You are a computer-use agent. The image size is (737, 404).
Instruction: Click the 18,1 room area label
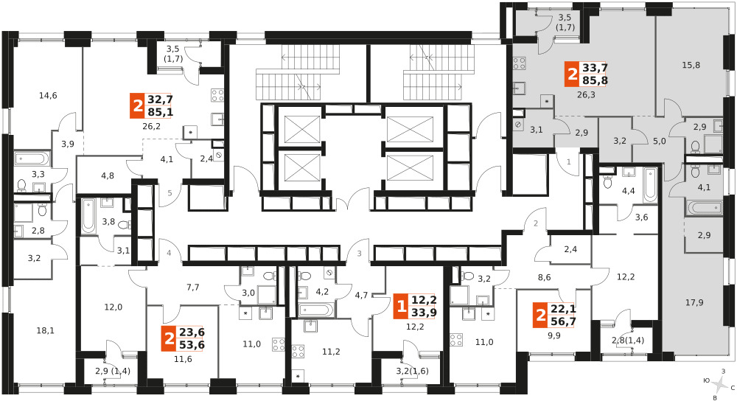point(46,330)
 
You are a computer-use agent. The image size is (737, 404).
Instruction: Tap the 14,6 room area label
point(48,96)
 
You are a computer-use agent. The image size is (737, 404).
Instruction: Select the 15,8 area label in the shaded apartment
point(691,65)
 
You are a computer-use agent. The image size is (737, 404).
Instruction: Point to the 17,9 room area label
point(694,302)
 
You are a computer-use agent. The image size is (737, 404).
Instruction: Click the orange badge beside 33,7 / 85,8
point(572,74)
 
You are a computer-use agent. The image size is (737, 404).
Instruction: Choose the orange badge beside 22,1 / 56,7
point(541,315)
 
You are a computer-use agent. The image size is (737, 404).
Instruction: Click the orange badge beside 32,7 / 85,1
point(137,106)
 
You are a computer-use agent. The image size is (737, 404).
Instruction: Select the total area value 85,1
point(160,112)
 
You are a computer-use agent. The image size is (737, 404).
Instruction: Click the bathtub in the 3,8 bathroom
point(88,216)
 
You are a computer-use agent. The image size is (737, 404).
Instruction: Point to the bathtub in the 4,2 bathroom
point(316,310)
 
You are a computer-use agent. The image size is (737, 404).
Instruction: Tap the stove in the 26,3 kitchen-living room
point(520,63)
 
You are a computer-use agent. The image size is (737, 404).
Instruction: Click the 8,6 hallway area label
point(545,277)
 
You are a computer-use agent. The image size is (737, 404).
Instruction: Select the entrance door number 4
point(168,254)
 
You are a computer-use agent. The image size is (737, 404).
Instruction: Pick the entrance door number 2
point(535,224)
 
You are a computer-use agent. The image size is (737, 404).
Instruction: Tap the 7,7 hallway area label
point(192,287)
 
